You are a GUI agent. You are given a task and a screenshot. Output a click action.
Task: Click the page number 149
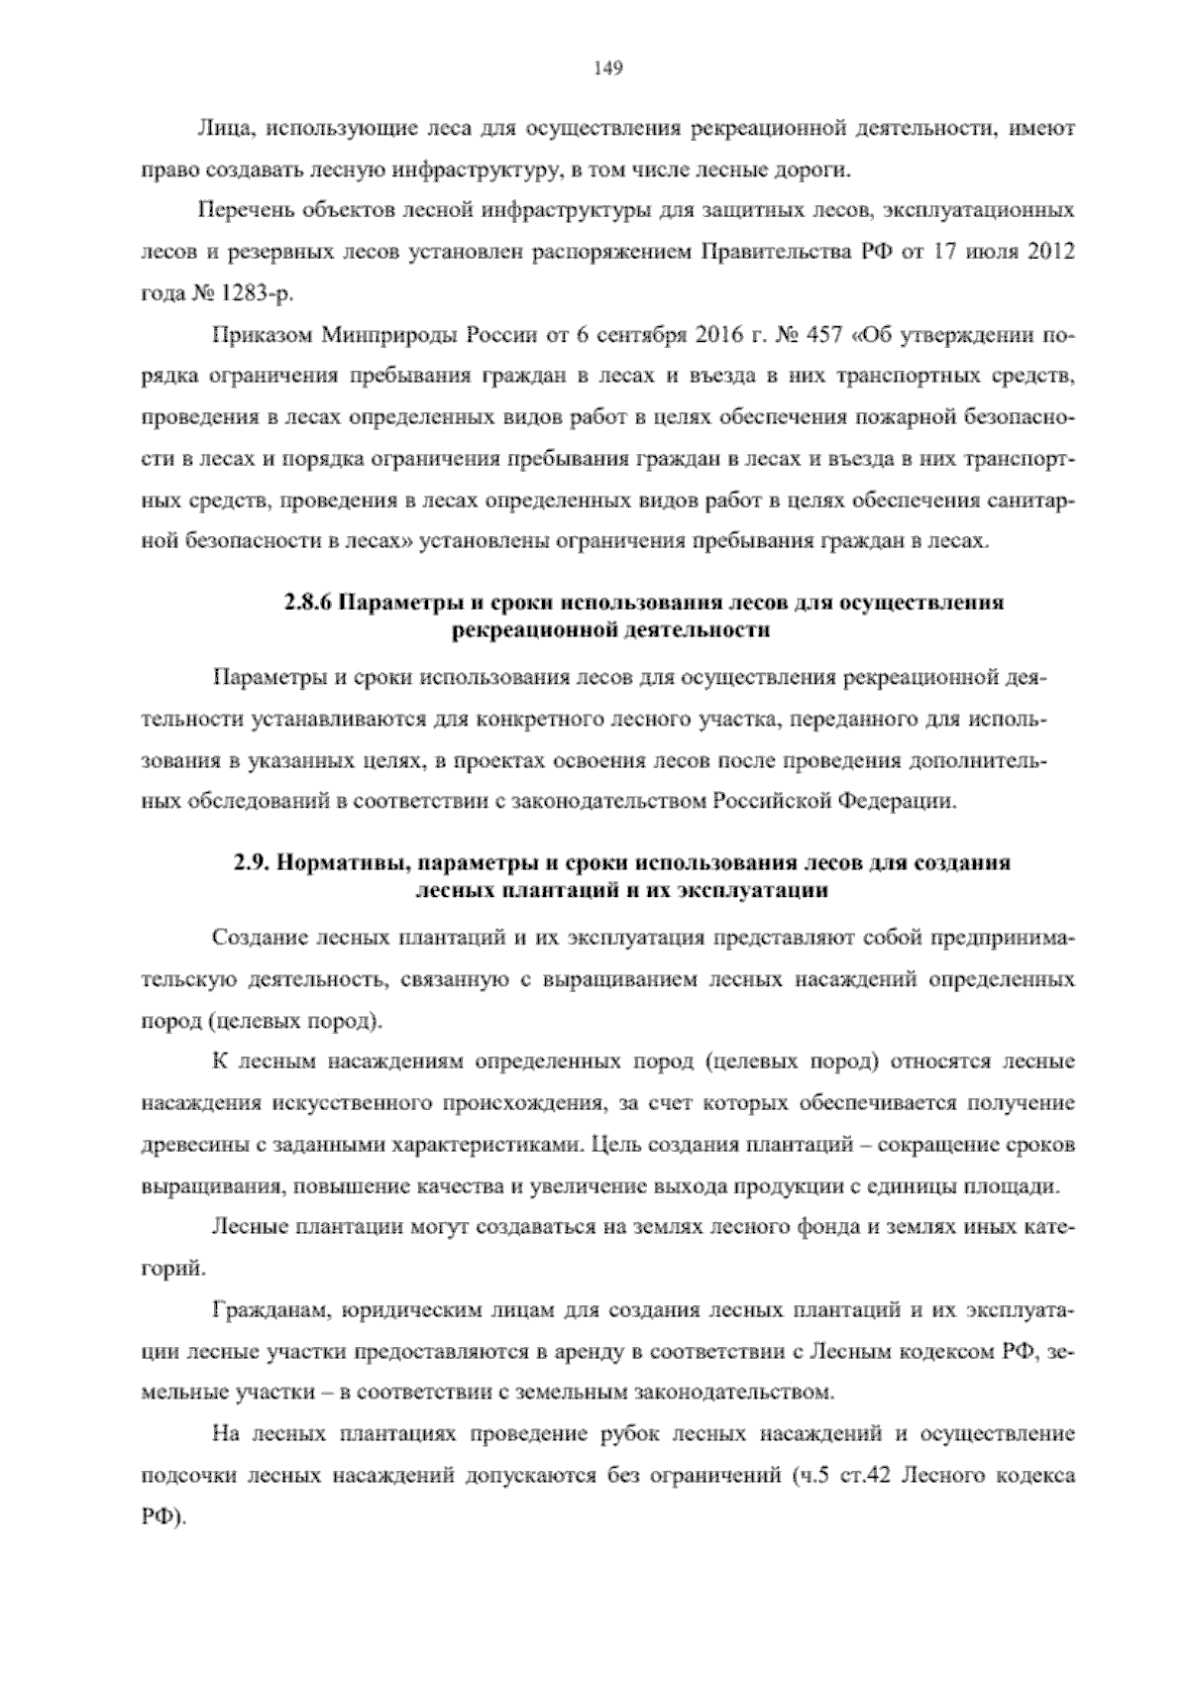tap(606, 68)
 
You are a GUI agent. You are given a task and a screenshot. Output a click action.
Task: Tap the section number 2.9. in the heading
tap(253, 861)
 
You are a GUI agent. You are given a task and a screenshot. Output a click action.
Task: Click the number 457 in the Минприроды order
tap(814, 335)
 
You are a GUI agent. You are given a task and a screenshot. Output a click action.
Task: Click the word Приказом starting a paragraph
tap(262, 335)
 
